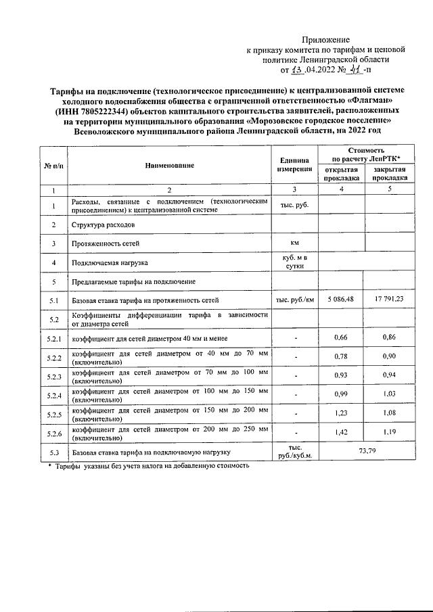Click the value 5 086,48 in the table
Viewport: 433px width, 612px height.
point(342,299)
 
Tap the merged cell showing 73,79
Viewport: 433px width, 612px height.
point(365,451)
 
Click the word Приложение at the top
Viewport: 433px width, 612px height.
point(327,41)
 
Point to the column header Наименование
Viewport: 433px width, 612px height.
point(169,166)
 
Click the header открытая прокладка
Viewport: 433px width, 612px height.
point(342,173)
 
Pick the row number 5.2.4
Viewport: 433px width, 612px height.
point(54,395)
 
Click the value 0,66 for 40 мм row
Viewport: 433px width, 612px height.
point(342,337)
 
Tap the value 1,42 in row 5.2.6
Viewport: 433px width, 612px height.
point(342,433)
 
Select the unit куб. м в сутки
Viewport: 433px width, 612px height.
point(294,261)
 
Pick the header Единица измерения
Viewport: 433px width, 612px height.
point(294,166)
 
